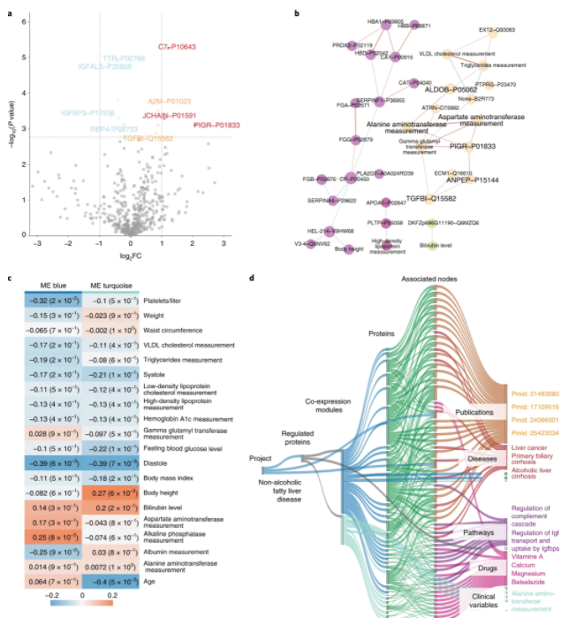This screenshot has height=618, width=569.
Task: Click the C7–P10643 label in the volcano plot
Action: point(177,46)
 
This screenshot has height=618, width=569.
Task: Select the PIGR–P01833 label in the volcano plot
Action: point(216,126)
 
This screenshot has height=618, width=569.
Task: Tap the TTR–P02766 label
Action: point(124,57)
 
